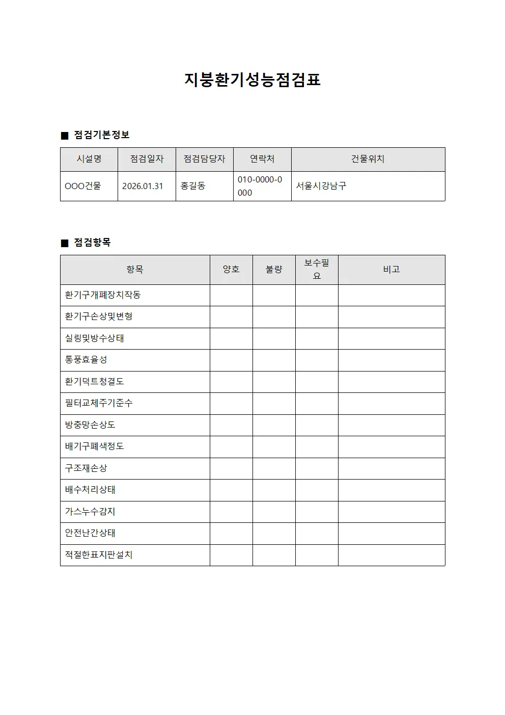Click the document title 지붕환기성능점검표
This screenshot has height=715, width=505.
(252, 80)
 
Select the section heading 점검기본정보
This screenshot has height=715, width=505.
(102, 135)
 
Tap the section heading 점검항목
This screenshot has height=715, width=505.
(92, 243)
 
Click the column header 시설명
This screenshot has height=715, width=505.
(89, 159)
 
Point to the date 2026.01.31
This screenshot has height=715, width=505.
(143, 186)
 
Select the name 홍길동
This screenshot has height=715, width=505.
(193, 186)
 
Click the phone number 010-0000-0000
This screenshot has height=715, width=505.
(260, 186)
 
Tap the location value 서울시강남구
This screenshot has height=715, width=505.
(321, 186)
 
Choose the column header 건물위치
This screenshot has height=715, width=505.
(368, 159)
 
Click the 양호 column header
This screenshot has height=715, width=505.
(231, 270)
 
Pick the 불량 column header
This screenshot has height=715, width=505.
(274, 270)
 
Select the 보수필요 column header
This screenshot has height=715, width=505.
(317, 270)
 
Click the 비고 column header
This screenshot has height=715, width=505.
(391, 270)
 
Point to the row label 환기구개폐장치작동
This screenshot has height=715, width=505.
(103, 295)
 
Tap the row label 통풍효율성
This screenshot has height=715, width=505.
(86, 360)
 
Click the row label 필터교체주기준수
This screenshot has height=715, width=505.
(99, 403)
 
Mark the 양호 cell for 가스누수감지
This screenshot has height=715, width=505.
(231, 512)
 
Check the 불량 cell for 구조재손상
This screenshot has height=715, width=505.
(274, 468)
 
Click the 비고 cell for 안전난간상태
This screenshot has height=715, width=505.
(391, 533)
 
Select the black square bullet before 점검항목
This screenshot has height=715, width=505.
(65, 243)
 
